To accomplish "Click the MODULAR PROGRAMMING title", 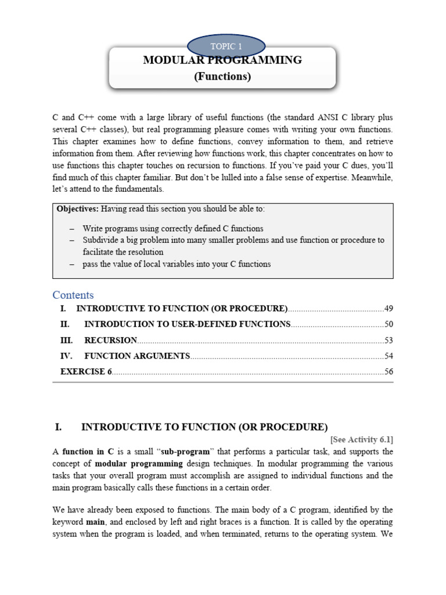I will [222, 60].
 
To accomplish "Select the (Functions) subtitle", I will [222, 77].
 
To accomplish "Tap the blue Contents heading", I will [73, 295].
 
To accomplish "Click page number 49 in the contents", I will [388, 308].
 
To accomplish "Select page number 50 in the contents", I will [388, 324].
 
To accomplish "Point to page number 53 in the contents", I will [388, 340].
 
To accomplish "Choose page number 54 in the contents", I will [388, 356].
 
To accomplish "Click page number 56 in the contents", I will [388, 371].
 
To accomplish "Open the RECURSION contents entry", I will [110, 340].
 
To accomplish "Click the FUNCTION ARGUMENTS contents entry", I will [137, 356].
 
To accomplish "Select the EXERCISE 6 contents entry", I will [86, 371].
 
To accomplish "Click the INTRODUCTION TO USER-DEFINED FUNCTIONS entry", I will [187, 324].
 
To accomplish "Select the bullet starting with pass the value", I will [177, 264].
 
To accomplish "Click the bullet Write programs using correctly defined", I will [173, 228].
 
